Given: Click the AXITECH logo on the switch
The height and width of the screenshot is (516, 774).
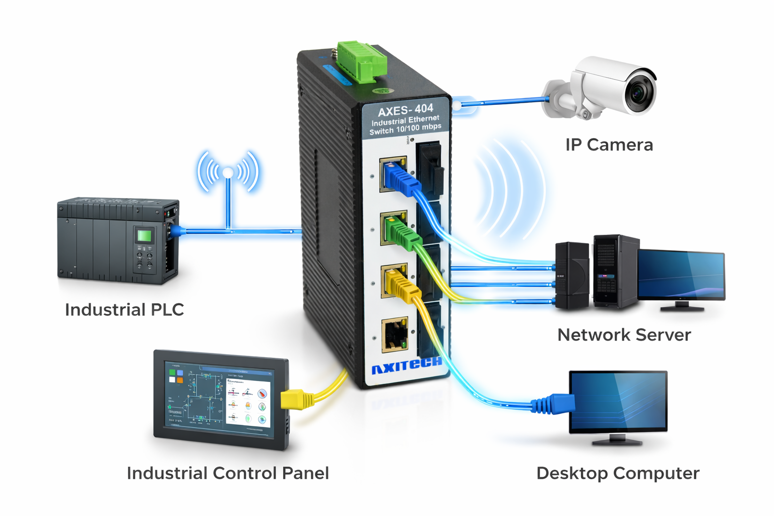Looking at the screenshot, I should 406,365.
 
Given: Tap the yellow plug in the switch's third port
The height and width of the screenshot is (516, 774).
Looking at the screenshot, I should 401,285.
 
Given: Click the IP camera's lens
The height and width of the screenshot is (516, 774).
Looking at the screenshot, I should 639,93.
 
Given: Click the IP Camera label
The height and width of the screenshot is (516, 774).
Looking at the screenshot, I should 609,145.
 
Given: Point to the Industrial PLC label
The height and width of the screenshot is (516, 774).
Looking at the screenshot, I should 124,309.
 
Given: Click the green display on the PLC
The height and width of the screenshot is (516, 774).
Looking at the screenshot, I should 145,235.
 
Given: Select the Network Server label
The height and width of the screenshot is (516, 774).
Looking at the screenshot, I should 624,335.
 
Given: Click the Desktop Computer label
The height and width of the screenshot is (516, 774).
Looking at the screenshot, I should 618,473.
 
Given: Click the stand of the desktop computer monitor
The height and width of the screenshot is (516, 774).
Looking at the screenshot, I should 617,439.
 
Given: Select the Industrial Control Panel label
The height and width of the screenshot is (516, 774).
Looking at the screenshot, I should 228,473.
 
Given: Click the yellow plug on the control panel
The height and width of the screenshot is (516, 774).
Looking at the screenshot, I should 294,400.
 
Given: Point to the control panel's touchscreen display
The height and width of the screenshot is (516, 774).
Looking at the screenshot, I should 220,399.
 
